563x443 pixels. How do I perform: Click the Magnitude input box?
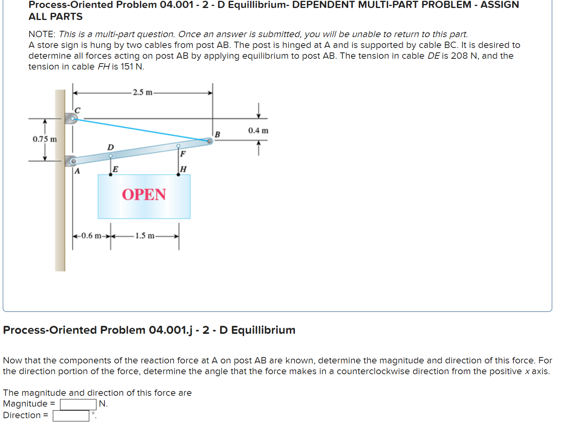78,404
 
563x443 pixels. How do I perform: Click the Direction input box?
71,416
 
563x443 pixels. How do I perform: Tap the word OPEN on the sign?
144,195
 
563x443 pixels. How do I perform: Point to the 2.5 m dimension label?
142,92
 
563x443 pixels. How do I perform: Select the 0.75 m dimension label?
44,139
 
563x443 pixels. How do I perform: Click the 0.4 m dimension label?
258,131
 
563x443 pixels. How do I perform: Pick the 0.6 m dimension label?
91,235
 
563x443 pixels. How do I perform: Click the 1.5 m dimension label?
144,235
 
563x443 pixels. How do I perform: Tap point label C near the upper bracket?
78,110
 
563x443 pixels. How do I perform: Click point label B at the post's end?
217,134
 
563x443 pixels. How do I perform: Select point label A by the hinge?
77,171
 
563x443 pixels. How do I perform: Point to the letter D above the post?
110,147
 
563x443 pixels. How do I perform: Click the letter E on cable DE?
115,169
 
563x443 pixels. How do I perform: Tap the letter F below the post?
183,154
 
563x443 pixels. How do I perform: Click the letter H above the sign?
183,169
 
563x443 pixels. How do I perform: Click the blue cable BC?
140,130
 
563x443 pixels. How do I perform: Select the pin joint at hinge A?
73,162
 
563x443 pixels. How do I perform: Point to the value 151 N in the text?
131,67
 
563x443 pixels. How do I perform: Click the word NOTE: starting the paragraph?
42,34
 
